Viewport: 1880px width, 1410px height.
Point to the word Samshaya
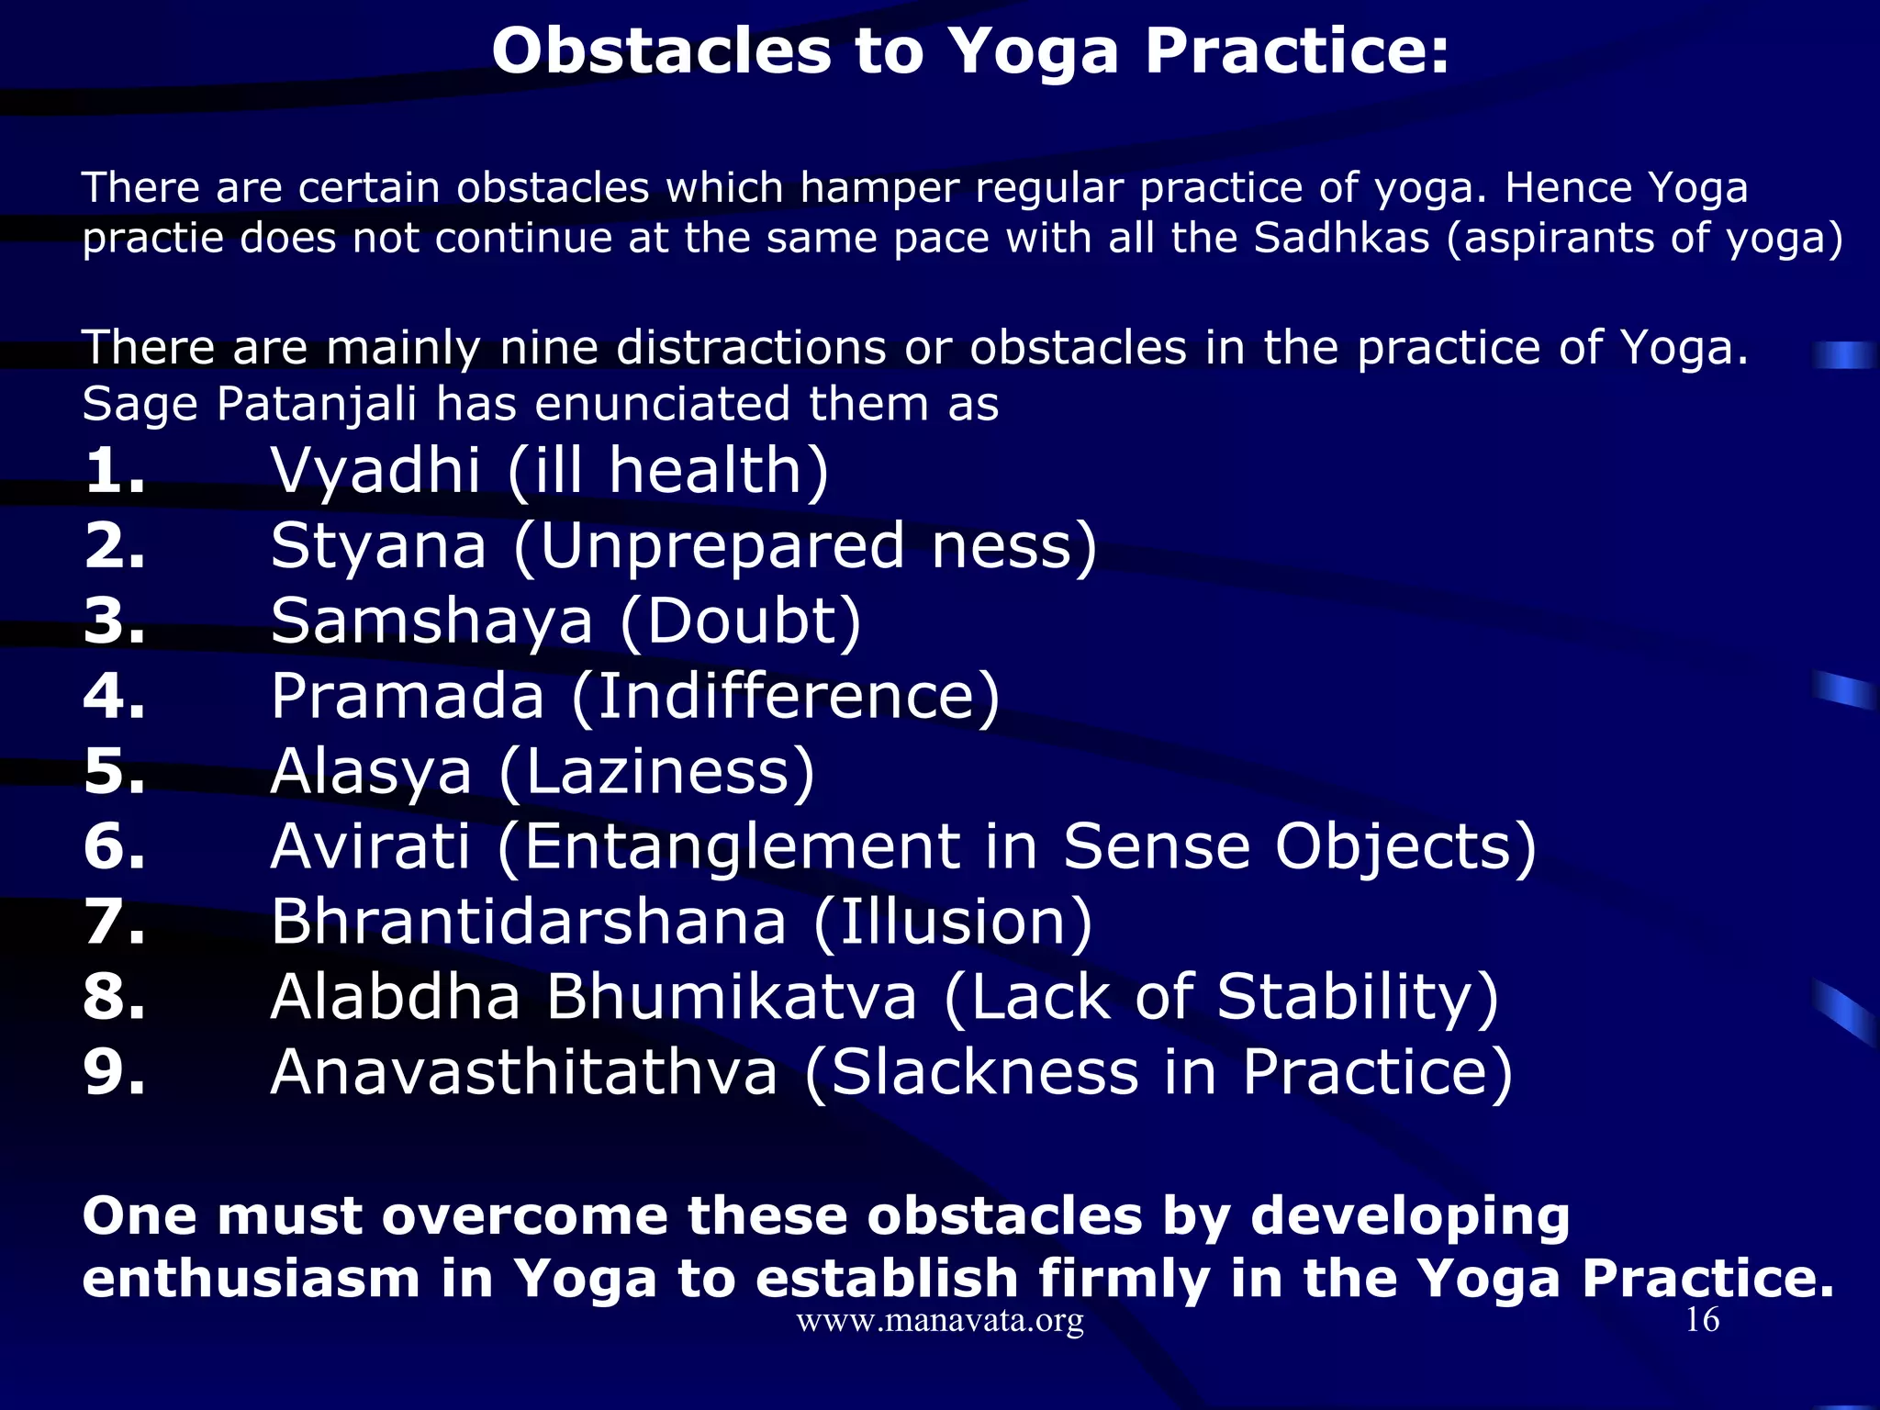point(431,621)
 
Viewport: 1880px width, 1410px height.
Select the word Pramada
point(408,696)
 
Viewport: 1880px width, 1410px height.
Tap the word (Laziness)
point(657,772)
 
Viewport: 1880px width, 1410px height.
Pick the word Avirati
point(371,846)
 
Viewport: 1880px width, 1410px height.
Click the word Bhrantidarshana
point(528,922)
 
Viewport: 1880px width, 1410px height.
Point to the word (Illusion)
point(953,922)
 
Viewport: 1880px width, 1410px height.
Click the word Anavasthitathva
point(524,1072)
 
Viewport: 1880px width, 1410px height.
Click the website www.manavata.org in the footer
point(940,1320)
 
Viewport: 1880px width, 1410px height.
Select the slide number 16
point(1702,1320)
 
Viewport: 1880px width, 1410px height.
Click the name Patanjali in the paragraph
point(316,404)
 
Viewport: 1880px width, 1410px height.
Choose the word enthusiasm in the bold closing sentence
point(251,1279)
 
